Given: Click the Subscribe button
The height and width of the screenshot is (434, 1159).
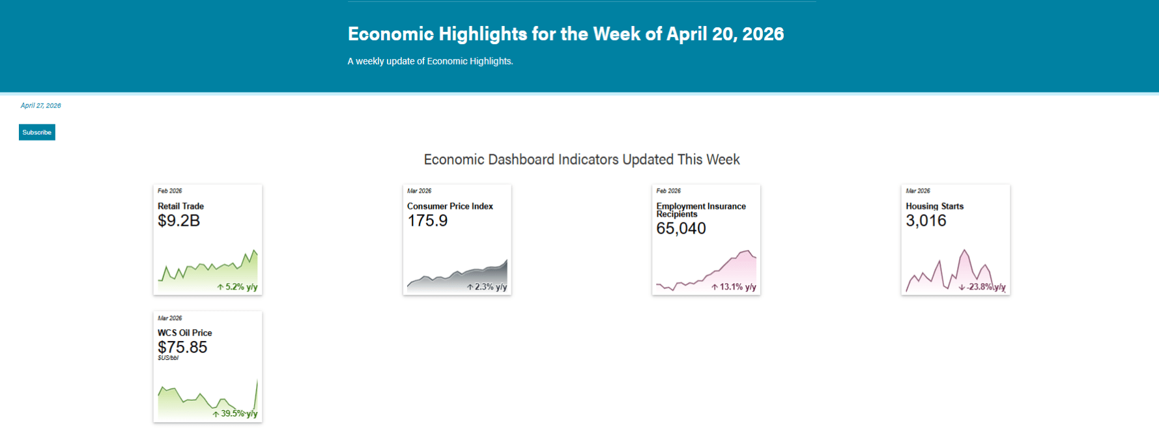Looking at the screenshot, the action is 37,132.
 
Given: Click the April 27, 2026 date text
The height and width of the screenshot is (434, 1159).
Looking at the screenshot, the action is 40,105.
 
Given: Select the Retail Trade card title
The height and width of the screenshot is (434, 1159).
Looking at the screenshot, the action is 180,206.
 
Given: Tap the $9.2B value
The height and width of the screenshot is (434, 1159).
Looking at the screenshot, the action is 179,221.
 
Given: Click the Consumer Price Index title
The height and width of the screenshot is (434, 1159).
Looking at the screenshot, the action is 450,206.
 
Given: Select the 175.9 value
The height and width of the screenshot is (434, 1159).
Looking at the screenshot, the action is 427,221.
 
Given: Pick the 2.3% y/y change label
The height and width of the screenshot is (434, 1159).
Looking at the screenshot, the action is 487,287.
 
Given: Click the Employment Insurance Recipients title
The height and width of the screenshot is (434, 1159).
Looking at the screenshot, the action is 701,210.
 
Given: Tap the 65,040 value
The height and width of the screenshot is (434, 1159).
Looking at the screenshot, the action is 681,228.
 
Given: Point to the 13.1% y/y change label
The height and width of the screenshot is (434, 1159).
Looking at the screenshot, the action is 734,287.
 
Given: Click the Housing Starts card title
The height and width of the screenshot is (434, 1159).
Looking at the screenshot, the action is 934,206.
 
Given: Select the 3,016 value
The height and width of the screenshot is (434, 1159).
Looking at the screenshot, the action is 926,221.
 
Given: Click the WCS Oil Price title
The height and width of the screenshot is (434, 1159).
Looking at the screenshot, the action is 184,332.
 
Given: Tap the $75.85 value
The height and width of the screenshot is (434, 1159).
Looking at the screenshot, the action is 182,347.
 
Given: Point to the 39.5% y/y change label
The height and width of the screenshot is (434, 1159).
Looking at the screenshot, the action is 235,414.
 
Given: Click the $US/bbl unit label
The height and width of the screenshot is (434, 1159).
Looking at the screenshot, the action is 168,358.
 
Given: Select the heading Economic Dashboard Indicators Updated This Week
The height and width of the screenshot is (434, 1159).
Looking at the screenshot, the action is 582,159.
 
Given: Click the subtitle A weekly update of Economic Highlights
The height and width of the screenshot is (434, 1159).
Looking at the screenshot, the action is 430,61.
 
